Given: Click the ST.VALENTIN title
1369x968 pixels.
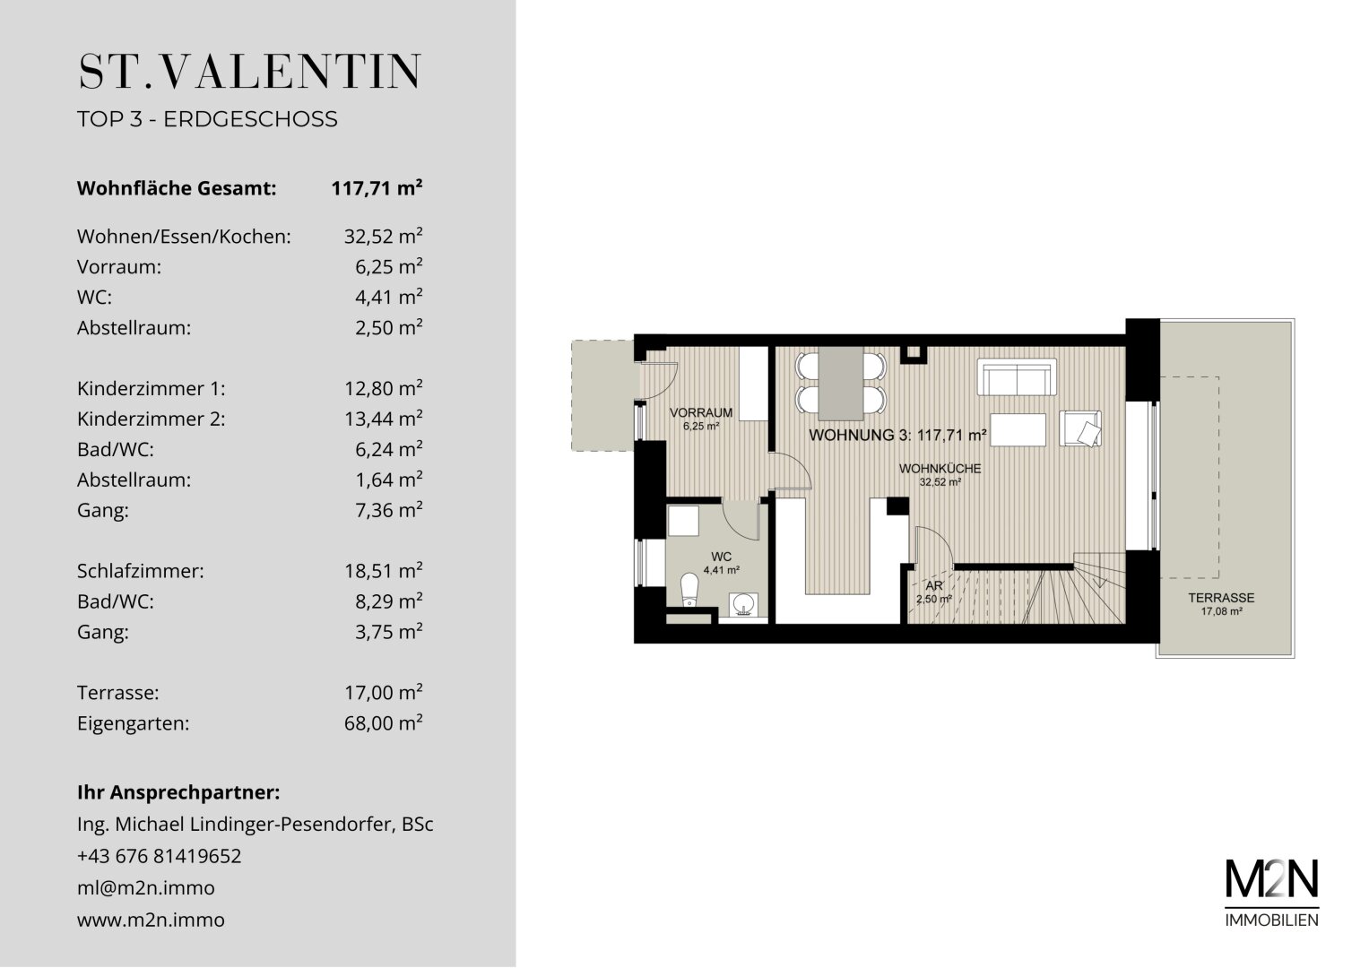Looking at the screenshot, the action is tap(249, 72).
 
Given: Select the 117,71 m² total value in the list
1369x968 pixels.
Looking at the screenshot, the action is tap(377, 187).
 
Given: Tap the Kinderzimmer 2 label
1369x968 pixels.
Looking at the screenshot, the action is tap(151, 419).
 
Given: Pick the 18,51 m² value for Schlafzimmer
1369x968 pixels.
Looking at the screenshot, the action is tap(383, 570).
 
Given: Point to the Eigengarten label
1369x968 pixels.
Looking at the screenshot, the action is tap(134, 723).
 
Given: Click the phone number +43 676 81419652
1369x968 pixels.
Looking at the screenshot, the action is tap(159, 856).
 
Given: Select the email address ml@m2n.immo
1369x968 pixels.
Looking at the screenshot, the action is tap(146, 887).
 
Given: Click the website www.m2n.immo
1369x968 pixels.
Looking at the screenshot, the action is tap(151, 919).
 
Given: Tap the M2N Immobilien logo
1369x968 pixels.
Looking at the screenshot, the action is tap(1272, 893).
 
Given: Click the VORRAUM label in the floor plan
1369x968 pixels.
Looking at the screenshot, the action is tap(701, 412).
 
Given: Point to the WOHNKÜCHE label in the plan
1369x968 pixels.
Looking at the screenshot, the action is tap(940, 469).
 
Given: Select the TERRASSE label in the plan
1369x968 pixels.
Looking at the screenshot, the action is tap(1221, 598).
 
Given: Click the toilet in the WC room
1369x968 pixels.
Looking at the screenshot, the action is tap(690, 589).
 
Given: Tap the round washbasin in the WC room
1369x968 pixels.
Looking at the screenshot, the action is tap(743, 604).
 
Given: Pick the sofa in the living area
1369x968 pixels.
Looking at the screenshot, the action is tap(1017, 377).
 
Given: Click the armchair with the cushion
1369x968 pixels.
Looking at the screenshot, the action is tap(1080, 428).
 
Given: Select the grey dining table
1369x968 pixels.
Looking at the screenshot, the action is tap(841, 384).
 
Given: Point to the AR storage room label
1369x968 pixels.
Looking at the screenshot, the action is tap(934, 586).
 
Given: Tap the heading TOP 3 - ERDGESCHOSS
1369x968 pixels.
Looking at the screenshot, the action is tap(207, 118).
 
